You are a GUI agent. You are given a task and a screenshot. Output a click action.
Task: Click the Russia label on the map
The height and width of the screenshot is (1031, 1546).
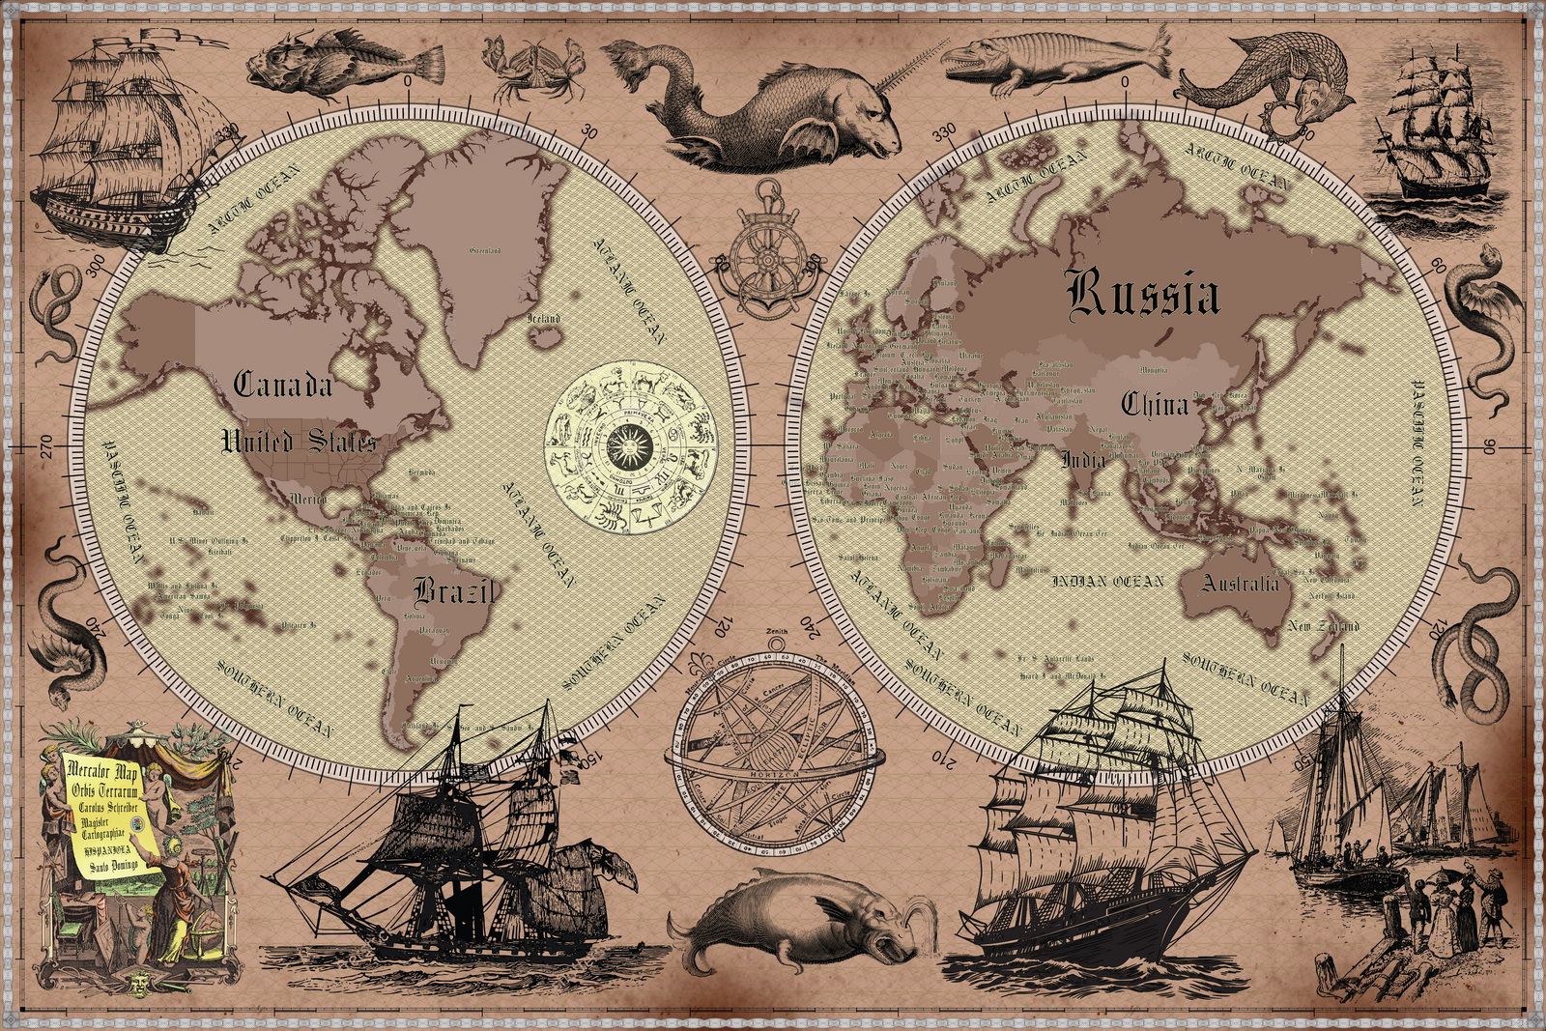[1143, 295]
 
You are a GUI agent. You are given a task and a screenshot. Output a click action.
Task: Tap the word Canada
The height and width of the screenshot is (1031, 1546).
[283, 385]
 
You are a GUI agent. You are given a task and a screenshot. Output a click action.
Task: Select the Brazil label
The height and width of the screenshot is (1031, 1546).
[454, 590]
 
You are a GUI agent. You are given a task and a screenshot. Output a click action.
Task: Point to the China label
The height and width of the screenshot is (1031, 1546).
[1154, 404]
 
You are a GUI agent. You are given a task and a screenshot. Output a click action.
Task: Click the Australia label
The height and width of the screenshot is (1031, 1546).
[1241, 583]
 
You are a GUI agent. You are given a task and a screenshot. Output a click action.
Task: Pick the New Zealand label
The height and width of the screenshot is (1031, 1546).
[1323, 626]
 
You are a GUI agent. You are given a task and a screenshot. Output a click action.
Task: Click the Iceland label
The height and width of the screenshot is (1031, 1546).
[543, 318]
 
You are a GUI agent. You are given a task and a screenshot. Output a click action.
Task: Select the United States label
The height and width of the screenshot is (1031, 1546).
[298, 443]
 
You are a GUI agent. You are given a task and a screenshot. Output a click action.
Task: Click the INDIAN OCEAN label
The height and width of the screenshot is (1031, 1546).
[1107, 581]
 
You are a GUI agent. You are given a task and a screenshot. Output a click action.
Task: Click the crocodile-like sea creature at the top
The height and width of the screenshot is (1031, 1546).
[1053, 56]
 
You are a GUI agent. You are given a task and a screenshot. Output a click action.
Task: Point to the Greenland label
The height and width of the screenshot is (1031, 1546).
[484, 251]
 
